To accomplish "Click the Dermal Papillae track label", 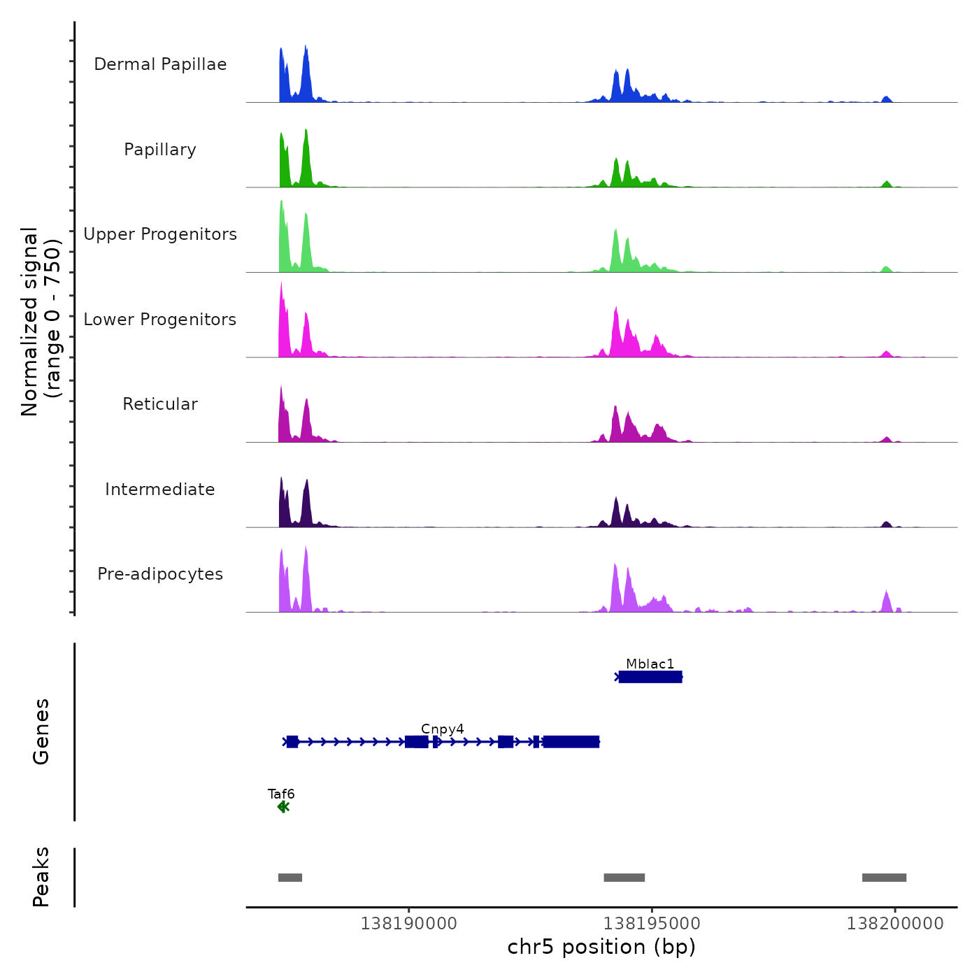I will (160, 64).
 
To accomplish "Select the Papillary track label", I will (160, 150).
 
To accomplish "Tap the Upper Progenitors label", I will (160, 234).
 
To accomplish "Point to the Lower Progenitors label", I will (160, 320).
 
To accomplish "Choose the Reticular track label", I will (160, 404).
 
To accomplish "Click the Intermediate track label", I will (160, 489).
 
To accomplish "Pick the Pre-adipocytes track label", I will (160, 574).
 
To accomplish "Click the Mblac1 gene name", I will (650, 664).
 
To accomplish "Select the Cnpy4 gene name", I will (443, 729).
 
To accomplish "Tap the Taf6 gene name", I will (281, 794).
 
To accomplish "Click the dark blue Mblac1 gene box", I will (650, 677).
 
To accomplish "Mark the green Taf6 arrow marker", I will (283, 807).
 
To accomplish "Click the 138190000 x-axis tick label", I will (409, 923).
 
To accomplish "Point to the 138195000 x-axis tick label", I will (652, 923).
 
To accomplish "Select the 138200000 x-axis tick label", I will (895, 923).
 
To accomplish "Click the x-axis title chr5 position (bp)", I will (601, 947).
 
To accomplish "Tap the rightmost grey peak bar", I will (884, 878).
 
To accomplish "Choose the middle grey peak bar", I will (624, 878).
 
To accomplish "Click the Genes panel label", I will (41, 731).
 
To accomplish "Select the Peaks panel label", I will (41, 877).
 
